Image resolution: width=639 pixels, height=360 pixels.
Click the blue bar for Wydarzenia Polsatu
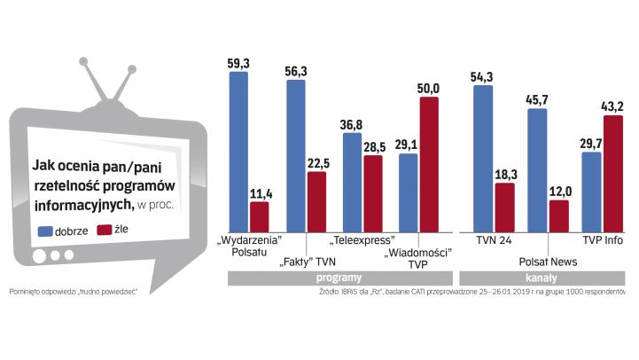coord(238,151)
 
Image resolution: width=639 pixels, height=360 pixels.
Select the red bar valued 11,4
coord(259,215)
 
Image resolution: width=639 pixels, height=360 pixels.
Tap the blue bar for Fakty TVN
coord(295,155)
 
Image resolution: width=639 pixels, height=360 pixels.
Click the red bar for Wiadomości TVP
coord(429,163)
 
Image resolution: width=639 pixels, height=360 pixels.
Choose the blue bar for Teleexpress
coord(352,181)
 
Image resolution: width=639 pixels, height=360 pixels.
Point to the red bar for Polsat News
coord(558,215)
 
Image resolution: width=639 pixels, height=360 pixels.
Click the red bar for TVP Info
coord(613,173)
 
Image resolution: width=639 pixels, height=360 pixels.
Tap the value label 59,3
coord(238,63)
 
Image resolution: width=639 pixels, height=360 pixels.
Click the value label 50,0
coord(429,88)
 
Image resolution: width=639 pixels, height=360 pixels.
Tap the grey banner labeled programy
coord(339,278)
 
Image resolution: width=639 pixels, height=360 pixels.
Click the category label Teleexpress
coord(362,239)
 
